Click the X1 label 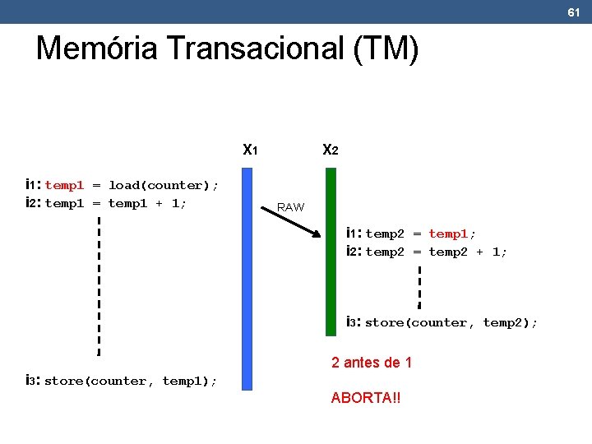[251, 150]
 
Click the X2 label [330, 150]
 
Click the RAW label [290, 207]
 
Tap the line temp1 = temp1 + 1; [115, 203]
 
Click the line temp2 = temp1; [420, 234]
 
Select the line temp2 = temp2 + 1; [436, 252]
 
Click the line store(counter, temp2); [450, 322]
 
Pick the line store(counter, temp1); [130, 381]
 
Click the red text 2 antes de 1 [371, 363]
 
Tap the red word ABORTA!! [366, 398]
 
